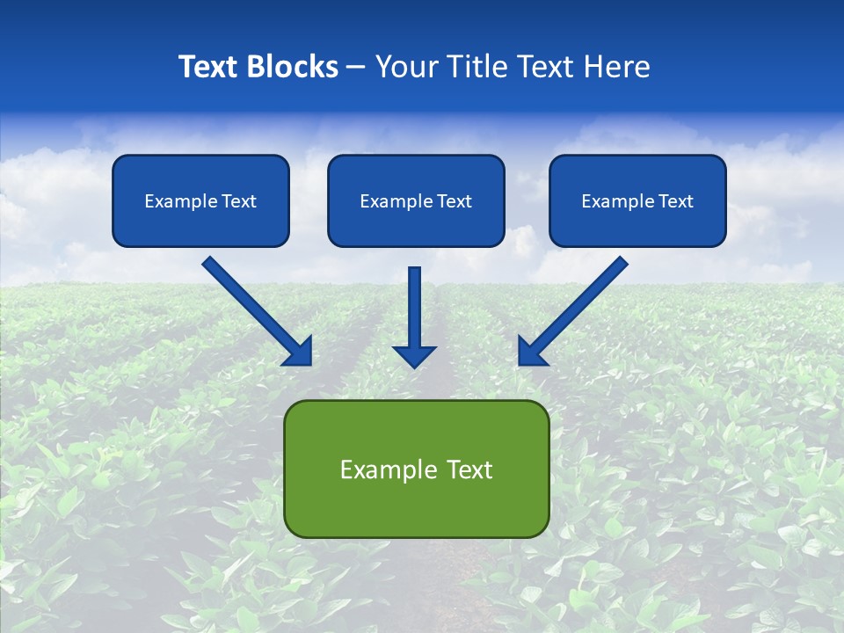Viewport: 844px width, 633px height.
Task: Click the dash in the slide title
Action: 356,68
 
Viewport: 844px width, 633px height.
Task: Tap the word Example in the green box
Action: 382,469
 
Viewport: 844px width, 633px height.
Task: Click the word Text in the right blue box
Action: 676,201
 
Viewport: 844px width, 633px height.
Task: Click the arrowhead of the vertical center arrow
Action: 414,355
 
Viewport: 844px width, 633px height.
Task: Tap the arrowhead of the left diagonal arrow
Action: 300,353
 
